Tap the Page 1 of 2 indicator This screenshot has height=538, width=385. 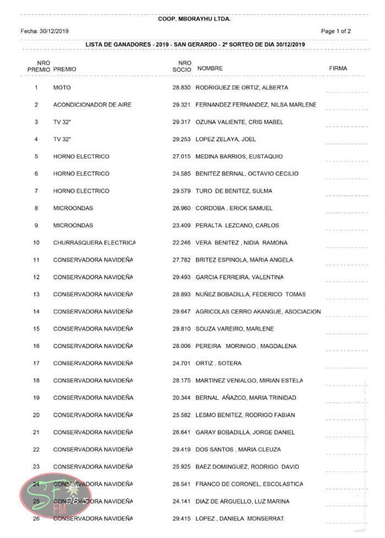pyautogui.click(x=335, y=31)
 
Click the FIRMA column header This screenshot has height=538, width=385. pyautogui.click(x=338, y=69)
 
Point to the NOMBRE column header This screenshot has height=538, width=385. pyautogui.click(x=210, y=69)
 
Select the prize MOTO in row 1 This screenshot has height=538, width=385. pyautogui.click(x=62, y=88)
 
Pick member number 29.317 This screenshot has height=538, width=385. pyautogui.click(x=181, y=122)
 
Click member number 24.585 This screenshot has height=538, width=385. pyautogui.click(x=181, y=174)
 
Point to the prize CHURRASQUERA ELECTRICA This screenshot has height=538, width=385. pyautogui.click(x=94, y=243)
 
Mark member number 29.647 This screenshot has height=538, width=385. pyautogui.click(x=181, y=312)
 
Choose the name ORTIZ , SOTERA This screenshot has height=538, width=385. pyautogui.click(x=218, y=363)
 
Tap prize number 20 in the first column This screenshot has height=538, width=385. pyautogui.click(x=36, y=415)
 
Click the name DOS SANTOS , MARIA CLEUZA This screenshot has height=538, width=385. pyautogui.click(x=238, y=450)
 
